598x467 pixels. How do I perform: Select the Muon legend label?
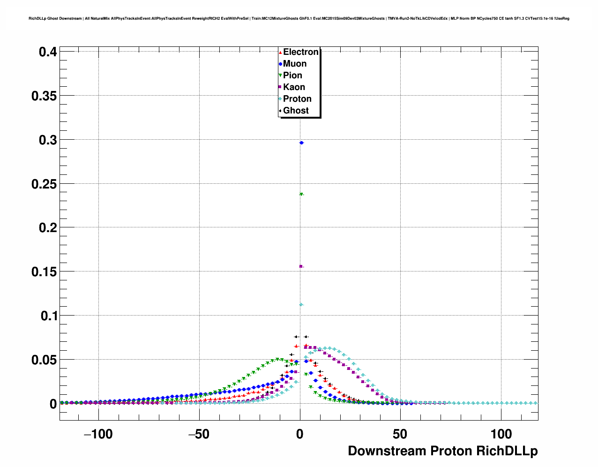(295, 64)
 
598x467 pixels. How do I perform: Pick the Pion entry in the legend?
(292, 75)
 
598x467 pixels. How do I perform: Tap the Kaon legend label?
(294, 87)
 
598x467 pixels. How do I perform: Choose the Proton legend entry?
(297, 99)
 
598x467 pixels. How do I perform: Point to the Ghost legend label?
(296, 111)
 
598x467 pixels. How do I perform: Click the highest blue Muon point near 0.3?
(301, 143)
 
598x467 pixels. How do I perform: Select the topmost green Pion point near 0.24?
(301, 194)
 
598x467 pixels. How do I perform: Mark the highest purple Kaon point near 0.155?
(301, 266)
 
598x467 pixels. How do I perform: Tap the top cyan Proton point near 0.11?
(301, 305)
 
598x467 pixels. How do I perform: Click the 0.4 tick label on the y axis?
(48, 52)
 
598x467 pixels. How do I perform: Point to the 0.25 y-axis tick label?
(44, 184)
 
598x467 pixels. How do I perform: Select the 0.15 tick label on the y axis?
(44, 272)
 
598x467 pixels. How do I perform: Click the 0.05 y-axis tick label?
(44, 360)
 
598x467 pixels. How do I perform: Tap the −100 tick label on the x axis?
(98, 434)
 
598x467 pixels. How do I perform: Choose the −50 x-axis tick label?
(199, 434)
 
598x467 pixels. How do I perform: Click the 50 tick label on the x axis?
(400, 434)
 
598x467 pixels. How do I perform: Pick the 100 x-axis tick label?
(501, 434)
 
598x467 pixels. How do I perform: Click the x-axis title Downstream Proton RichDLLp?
(442, 451)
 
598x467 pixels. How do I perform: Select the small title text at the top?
(299, 19)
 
